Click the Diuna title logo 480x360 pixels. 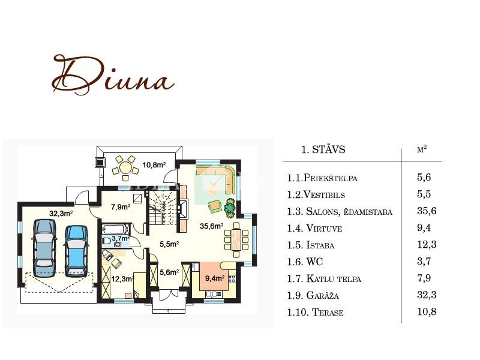[x=113, y=75]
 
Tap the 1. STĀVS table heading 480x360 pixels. [x=323, y=149]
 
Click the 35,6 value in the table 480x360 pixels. [x=427, y=211]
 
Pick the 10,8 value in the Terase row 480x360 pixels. [x=427, y=311]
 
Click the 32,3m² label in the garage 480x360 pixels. [x=61, y=213]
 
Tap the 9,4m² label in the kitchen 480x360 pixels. [x=215, y=278]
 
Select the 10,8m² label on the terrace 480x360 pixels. [x=154, y=164]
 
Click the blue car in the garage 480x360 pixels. [x=76, y=251]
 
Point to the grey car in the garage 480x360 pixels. [x=44, y=248]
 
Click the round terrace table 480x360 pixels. [x=125, y=168]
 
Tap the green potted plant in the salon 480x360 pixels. [x=230, y=208]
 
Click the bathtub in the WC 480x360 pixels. [x=115, y=229]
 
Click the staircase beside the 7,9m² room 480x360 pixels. [x=163, y=208]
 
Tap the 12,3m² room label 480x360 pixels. [x=122, y=279]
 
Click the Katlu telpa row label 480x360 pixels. [x=324, y=278]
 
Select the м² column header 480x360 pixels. [x=422, y=149]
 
